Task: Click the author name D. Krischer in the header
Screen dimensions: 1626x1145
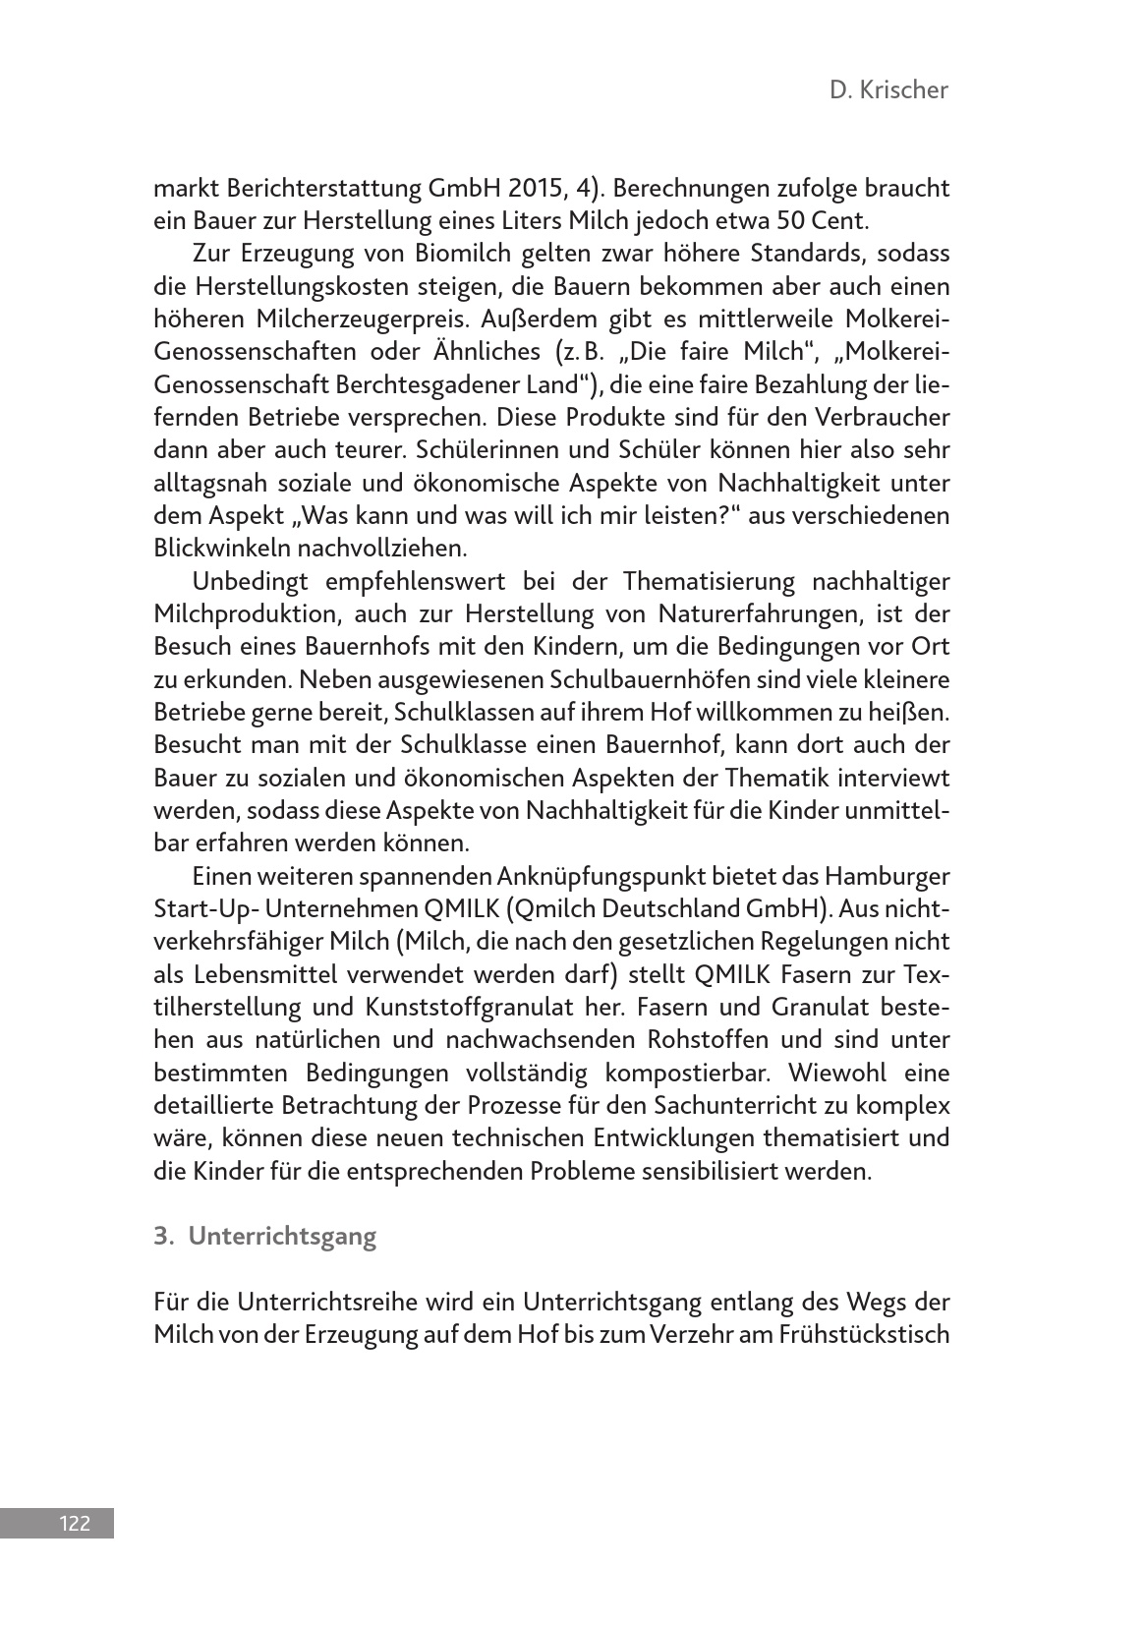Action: coord(888,90)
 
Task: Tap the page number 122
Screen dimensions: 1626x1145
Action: coord(75,1524)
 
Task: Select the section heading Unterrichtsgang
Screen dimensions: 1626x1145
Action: coord(282,1236)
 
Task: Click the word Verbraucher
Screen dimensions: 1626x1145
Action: coord(885,417)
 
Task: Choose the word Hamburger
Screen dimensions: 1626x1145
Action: coord(887,876)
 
